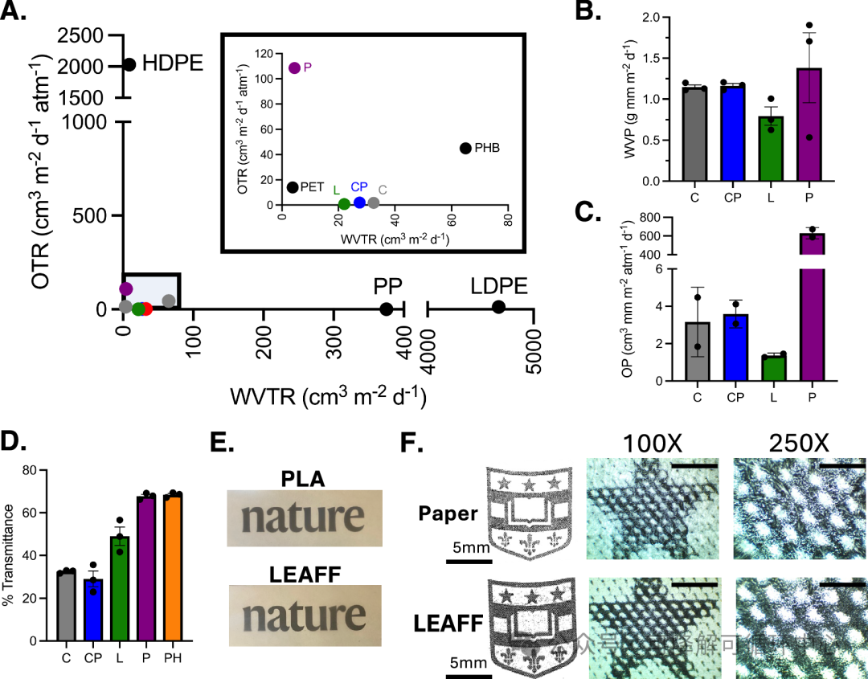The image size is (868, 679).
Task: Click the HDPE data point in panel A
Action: tap(129, 64)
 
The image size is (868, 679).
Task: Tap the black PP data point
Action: tap(387, 309)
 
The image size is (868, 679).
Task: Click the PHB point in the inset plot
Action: tap(465, 148)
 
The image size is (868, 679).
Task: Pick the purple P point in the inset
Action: tap(294, 68)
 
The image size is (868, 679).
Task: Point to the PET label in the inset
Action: tap(311, 187)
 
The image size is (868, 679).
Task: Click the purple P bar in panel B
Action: tap(809, 129)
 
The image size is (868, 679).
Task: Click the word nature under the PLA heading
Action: tap(291, 517)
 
